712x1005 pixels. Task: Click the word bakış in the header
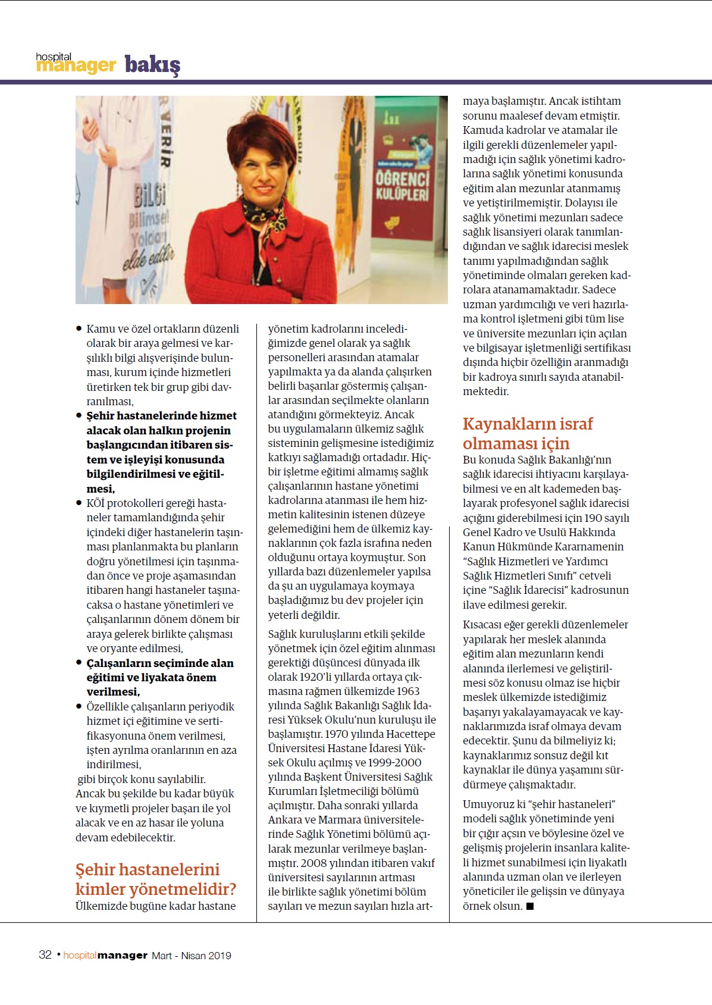(x=152, y=64)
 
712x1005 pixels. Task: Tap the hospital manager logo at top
(x=76, y=62)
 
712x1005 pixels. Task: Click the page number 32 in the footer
(x=45, y=955)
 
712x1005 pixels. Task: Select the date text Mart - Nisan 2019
(x=192, y=956)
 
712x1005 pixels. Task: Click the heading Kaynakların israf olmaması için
(x=528, y=433)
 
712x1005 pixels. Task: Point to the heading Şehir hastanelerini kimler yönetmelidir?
(x=155, y=879)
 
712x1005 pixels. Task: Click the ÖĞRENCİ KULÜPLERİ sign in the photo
(x=402, y=185)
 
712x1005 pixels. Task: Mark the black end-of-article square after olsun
(x=530, y=906)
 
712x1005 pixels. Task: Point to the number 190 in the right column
(x=593, y=518)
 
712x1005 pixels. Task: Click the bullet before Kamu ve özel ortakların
(x=79, y=328)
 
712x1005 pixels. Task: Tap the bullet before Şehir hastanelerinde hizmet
(x=79, y=415)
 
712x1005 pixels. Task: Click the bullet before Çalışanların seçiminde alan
(x=79, y=663)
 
